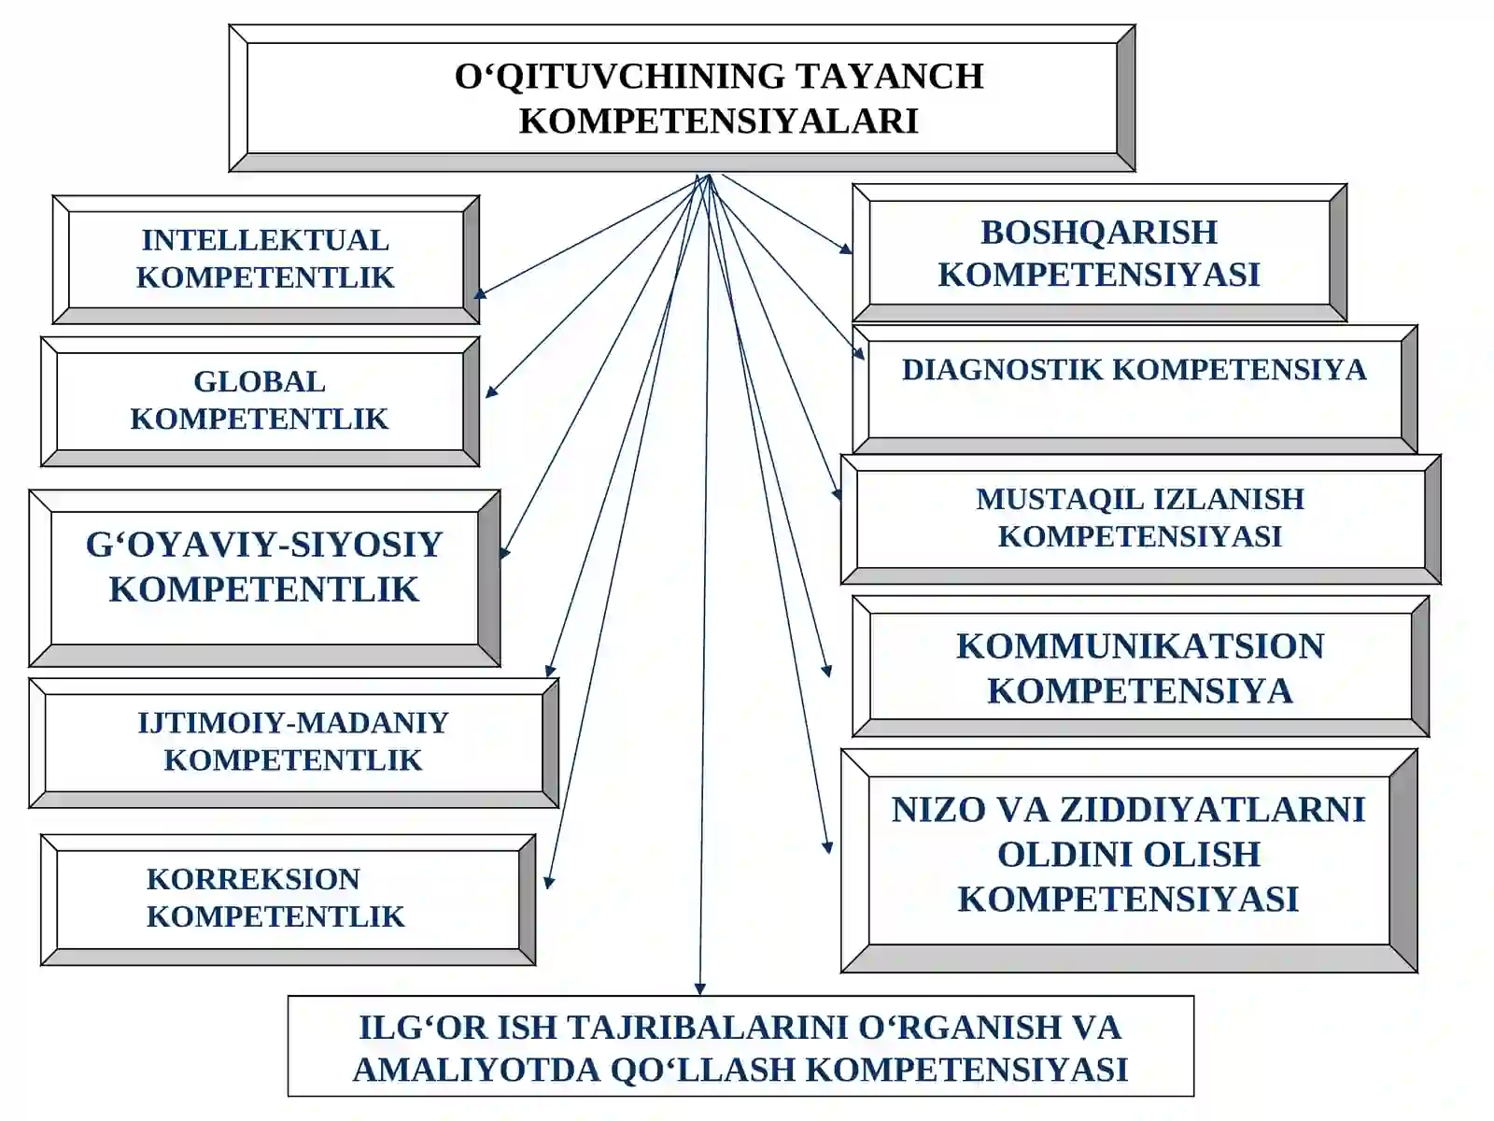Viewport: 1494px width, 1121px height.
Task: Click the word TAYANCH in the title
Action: point(889,76)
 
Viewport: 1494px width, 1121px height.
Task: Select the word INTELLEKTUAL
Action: point(265,240)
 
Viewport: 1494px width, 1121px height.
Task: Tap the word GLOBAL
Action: point(260,381)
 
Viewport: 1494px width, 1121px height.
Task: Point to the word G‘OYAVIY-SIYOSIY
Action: point(264,546)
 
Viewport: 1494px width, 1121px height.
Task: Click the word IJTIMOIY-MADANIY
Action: point(293,723)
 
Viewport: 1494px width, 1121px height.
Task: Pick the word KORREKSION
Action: point(253,879)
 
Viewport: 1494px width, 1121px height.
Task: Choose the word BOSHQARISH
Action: point(1098,233)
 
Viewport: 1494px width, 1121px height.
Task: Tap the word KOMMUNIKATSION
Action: point(1140,646)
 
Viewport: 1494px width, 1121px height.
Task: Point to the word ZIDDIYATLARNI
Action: point(1212,810)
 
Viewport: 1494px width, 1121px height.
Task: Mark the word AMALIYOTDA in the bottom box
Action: point(476,1070)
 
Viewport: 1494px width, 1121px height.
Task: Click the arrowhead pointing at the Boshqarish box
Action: point(846,249)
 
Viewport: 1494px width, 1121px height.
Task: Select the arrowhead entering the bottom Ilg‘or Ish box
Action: point(699,989)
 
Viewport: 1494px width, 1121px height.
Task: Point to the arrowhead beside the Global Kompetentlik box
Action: point(491,390)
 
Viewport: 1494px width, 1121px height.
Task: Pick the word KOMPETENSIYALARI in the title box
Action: point(719,121)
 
